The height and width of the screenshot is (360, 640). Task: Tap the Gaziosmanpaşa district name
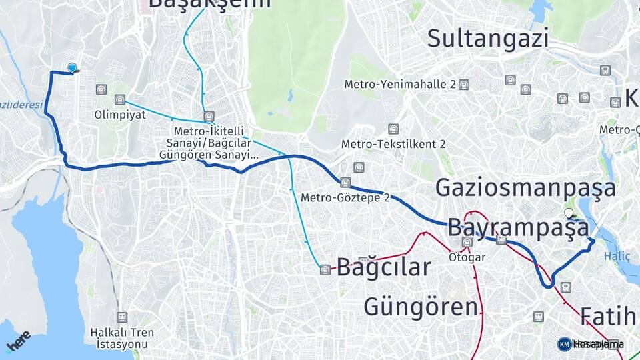point(525,188)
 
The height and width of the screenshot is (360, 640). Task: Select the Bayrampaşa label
point(518,228)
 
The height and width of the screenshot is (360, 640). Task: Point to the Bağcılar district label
point(383,267)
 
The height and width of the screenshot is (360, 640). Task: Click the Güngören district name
point(421,307)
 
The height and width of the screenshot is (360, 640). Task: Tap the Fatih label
point(609,316)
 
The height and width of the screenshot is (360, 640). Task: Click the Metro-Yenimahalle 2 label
point(399,85)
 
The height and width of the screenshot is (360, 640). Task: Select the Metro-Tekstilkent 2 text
point(393,144)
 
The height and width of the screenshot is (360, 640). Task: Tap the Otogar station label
point(465,256)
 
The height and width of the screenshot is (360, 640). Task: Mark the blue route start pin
point(72,67)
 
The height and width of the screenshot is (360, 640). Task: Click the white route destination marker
point(568,213)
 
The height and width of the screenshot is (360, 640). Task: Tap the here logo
point(18,341)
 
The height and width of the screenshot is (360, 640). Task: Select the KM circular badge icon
point(564,344)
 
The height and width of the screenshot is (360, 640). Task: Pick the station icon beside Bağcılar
point(325,269)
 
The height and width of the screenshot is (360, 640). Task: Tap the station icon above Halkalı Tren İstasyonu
point(122,317)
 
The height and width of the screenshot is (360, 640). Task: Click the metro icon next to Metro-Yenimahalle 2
point(464,85)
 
